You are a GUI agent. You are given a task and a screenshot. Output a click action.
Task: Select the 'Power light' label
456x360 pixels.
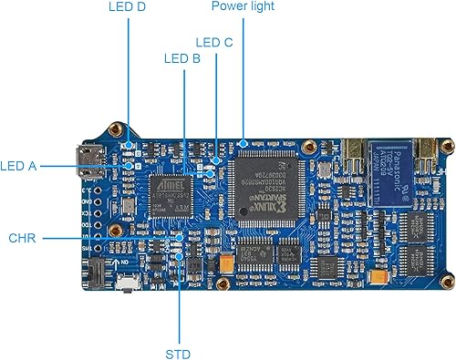click(242, 6)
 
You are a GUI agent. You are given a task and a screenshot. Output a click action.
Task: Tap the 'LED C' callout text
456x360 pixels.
click(215, 42)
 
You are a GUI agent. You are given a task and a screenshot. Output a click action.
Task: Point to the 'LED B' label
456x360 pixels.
click(181, 59)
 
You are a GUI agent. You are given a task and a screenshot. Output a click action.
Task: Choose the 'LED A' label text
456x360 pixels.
click(19, 166)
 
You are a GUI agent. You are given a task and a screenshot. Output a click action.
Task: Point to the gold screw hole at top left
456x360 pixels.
click(116, 130)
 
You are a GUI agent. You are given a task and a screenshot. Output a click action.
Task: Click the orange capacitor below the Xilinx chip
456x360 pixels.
click(223, 262)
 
